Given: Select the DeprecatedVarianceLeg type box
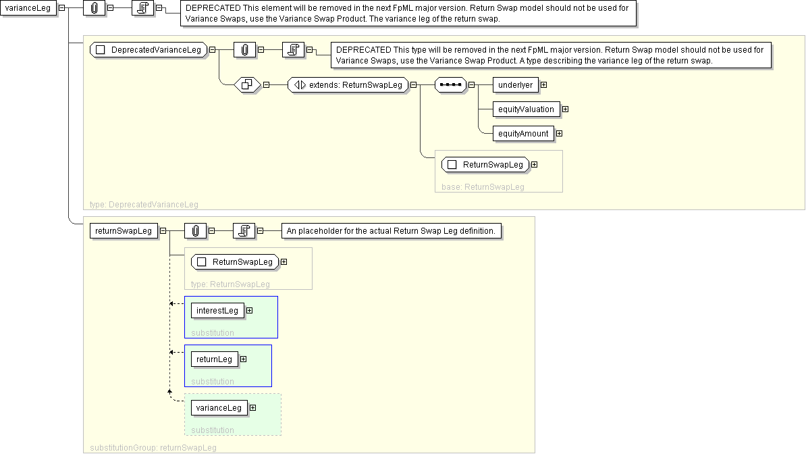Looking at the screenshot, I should (149, 49).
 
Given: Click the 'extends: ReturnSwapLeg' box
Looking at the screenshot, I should (348, 84).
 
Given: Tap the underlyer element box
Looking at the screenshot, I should (515, 84).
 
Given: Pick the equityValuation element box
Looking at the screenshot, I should (526, 109).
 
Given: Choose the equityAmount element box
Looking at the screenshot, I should (523, 133).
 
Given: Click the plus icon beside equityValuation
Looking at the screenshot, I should (566, 109).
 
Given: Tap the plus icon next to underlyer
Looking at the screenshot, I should (543, 84).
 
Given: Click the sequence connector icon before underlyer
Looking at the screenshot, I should (450, 84).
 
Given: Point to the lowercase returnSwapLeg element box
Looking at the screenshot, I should (124, 230).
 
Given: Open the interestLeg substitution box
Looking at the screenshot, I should (217, 310).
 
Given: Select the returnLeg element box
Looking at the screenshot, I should (214, 359).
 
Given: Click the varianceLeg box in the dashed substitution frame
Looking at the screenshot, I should (219, 407).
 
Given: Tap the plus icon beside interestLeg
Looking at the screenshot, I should (250, 310).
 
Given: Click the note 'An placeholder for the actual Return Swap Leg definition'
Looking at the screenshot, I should (391, 231).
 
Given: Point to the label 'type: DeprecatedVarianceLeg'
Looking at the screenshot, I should (144, 204).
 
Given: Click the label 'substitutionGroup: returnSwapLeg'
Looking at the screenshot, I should (153, 447).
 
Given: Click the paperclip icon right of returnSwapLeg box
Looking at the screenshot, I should (195, 230).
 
